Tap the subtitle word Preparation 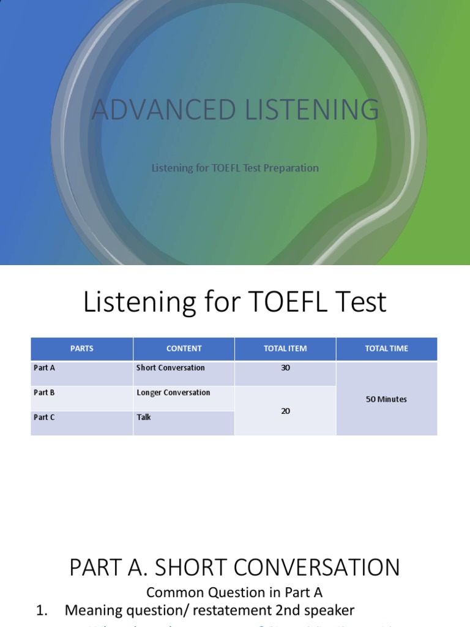point(291,168)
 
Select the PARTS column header point(82,348)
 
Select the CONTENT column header point(184,348)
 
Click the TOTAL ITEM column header point(285,348)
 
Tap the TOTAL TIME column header point(386,348)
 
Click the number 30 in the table point(285,368)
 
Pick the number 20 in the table point(285,411)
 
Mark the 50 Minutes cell point(386,399)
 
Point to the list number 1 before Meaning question point(42,610)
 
